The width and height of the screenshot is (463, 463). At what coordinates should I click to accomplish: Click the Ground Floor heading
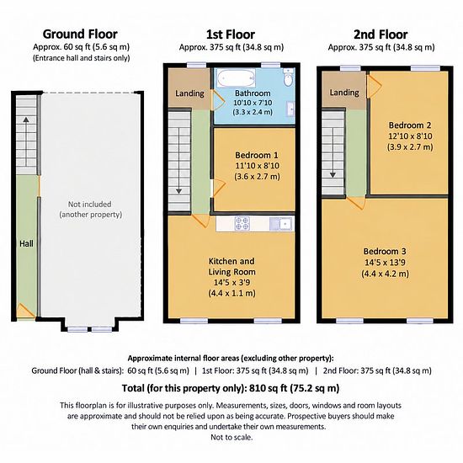pos(80,35)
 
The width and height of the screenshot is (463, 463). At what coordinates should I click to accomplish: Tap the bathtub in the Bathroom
pos(237,78)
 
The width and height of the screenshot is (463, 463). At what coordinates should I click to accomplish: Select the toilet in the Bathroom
pos(288,78)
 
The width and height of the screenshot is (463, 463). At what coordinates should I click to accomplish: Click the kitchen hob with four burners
pos(242,224)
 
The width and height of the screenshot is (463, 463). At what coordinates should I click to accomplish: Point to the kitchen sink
pos(280,224)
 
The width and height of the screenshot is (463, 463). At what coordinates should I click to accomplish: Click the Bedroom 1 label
pos(257,155)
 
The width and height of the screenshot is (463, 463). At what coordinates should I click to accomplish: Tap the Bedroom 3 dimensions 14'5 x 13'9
pos(385,262)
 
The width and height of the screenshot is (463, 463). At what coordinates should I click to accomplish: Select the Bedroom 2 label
pos(410,125)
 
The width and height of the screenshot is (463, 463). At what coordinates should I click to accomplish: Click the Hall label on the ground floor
pos(26,243)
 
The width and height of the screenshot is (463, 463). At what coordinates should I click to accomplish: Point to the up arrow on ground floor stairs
pos(26,141)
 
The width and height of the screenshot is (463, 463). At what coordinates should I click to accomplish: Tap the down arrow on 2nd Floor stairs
pos(333,152)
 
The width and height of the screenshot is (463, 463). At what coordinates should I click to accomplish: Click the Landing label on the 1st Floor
pos(189,93)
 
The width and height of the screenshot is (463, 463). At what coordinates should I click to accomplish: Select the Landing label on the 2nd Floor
pos(344,93)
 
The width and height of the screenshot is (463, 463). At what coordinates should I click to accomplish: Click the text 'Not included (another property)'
pos(90,209)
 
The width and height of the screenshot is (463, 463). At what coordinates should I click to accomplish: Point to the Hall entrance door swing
pos(25,311)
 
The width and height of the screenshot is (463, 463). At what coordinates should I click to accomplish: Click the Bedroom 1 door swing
pos(219,187)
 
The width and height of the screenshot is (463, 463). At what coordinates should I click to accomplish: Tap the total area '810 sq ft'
pos(268,388)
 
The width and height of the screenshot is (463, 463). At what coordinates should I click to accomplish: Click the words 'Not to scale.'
pos(231,437)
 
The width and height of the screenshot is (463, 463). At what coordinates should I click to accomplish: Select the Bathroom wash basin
pos(291,109)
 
